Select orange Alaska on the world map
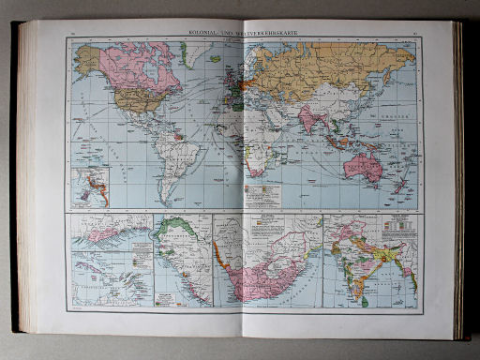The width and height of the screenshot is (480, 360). point(88,62)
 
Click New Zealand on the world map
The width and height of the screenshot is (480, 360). point(400,185)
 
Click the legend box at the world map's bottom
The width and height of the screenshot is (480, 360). point(262,198)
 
